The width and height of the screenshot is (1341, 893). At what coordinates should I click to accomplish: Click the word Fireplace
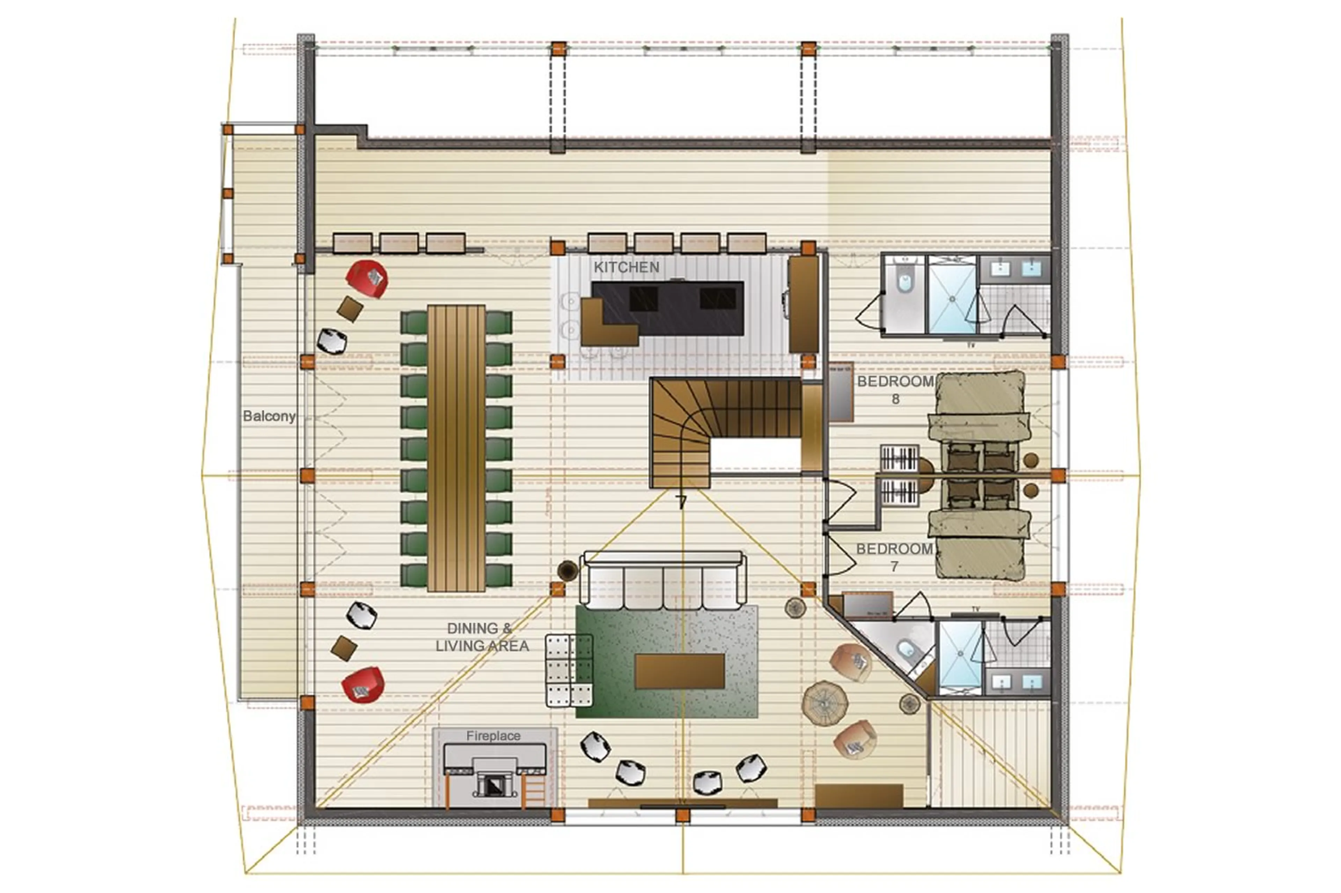coord(493,736)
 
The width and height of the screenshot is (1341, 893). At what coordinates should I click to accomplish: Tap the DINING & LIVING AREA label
coord(482,637)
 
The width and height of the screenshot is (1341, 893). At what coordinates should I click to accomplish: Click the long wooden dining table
coord(456,448)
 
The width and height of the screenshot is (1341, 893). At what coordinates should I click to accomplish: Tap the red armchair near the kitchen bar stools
coord(367,278)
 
